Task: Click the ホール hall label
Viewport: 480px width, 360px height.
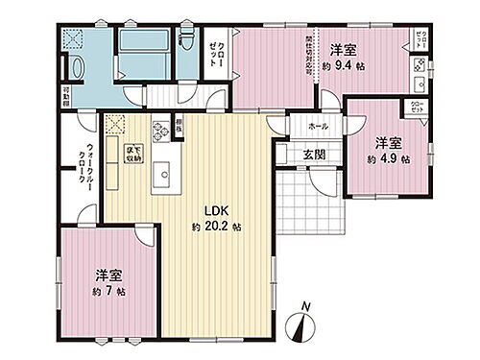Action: [x=318, y=126]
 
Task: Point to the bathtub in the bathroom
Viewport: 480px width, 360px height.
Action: [x=143, y=44]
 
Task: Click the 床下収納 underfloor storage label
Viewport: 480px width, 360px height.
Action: [x=126, y=153]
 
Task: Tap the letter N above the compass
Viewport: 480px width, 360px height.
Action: [x=304, y=307]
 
